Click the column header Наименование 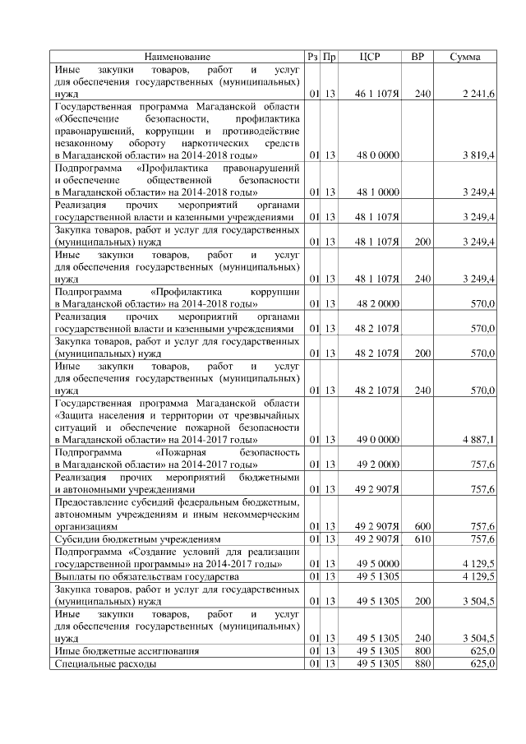click(x=178, y=57)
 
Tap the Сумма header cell click(x=466, y=57)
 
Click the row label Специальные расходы click(x=105, y=663)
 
